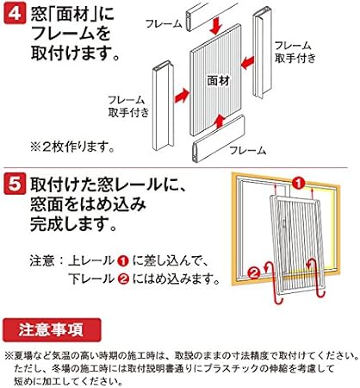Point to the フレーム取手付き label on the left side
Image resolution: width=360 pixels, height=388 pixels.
(x=127, y=106)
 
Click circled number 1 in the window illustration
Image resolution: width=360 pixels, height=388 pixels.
(x=296, y=184)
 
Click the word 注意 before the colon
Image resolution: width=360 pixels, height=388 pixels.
(x=41, y=260)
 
